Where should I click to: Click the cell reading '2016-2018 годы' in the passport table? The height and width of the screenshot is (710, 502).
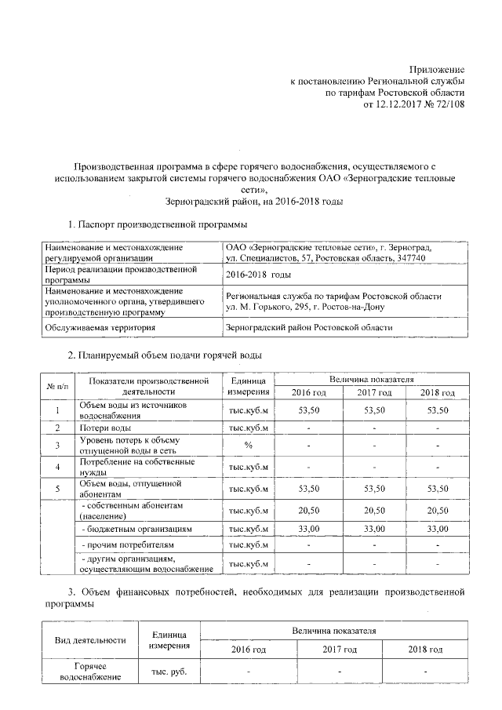pyautogui.click(x=258, y=275)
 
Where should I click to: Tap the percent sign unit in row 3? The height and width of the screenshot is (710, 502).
pyautogui.click(x=248, y=446)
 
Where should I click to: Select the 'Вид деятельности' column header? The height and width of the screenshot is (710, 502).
pyautogui.click(x=90, y=640)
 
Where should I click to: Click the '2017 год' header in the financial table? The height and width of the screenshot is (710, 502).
pyautogui.click(x=339, y=650)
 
